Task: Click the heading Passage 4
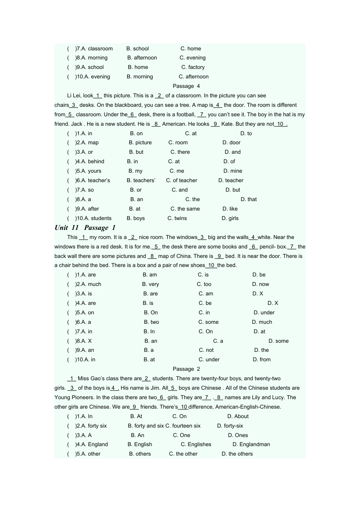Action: tap(186, 86)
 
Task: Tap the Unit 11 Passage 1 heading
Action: tap(85, 228)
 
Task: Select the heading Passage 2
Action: tap(186, 369)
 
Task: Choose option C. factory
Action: tap(193, 67)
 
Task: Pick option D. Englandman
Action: tap(251, 444)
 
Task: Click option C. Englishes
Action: tap(196, 444)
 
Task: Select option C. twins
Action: tap(177, 218)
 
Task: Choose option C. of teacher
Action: tap(182, 180)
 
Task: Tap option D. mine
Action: tap(233, 171)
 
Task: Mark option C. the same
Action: tap(185, 209)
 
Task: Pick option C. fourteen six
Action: tap(183, 426)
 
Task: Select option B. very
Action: tap(150, 284)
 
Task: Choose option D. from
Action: tap(261, 359)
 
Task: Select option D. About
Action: tap(238, 416)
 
